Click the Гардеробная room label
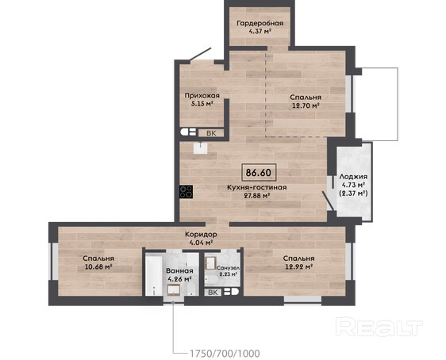click(x=260, y=23)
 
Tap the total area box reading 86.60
click(x=259, y=173)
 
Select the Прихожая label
click(x=202, y=96)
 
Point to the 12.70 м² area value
click(x=306, y=106)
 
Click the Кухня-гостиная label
click(x=256, y=187)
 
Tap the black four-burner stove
click(x=186, y=192)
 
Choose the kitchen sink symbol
click(x=201, y=147)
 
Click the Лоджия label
click(x=353, y=177)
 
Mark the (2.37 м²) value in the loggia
click(x=354, y=193)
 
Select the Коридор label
click(x=201, y=235)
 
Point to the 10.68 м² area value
click(x=98, y=266)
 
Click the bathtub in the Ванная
click(x=154, y=274)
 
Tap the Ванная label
click(x=179, y=271)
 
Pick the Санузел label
click(x=228, y=268)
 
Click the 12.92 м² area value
click(x=299, y=266)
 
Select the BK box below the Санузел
click(x=213, y=293)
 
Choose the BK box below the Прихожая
click(x=211, y=133)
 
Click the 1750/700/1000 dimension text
click(x=225, y=354)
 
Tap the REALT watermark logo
click(x=379, y=327)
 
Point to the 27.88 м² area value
click(x=257, y=196)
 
